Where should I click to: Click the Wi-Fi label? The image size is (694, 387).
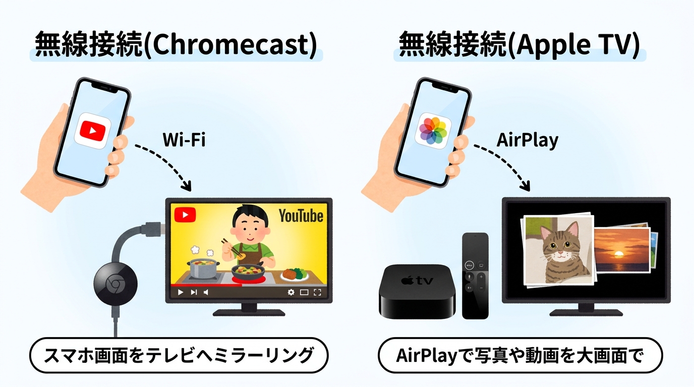(184, 140)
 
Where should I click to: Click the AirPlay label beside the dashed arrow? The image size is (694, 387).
(528, 140)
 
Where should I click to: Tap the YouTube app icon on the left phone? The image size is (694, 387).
(92, 130)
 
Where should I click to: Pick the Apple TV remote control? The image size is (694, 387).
(475, 275)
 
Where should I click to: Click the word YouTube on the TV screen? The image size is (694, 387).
(301, 216)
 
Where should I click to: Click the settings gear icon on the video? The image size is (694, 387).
(291, 292)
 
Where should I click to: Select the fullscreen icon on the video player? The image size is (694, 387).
(317, 292)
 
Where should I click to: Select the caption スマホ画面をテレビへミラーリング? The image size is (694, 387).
(179, 356)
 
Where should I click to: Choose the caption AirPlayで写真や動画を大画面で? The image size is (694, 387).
(520, 356)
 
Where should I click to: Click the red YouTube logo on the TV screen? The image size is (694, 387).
(185, 215)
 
